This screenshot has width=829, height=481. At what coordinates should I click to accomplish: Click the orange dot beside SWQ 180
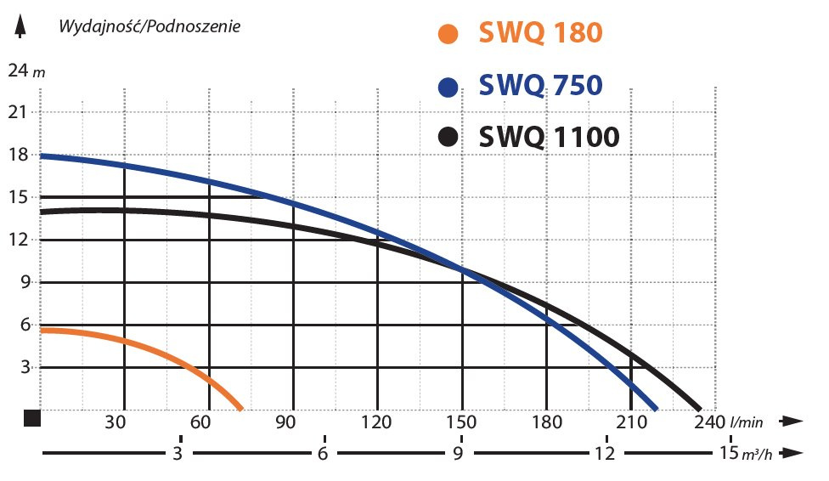point(447,35)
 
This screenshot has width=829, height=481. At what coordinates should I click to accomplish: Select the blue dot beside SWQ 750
point(447,88)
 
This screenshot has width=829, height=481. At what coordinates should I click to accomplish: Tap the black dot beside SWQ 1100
point(447,137)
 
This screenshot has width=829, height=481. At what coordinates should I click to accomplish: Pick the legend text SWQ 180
point(540,33)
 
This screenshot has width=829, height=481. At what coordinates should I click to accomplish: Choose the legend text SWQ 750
point(540,87)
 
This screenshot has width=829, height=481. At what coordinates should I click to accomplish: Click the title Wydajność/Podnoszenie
point(149,25)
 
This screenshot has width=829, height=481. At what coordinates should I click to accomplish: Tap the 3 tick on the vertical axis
point(25,367)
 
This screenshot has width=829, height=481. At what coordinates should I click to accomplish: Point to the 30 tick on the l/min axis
point(118,422)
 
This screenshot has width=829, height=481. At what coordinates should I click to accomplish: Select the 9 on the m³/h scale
point(459,453)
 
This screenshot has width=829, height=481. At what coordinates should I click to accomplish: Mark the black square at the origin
point(32,417)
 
